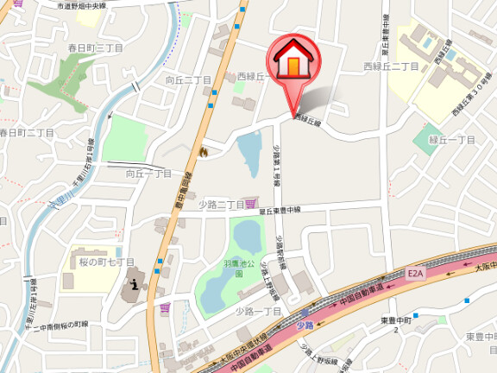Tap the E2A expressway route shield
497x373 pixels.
(417, 273)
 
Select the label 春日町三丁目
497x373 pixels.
(99, 47)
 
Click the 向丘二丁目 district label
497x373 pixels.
(188, 79)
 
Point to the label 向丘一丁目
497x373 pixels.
(149, 174)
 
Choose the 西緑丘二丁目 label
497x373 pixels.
(391, 66)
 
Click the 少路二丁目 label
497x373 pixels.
(221, 204)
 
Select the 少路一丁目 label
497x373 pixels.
(260, 310)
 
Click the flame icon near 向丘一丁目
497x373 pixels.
(204, 152)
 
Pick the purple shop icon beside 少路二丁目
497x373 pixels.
(251, 204)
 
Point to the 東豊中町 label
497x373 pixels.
(399, 320)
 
